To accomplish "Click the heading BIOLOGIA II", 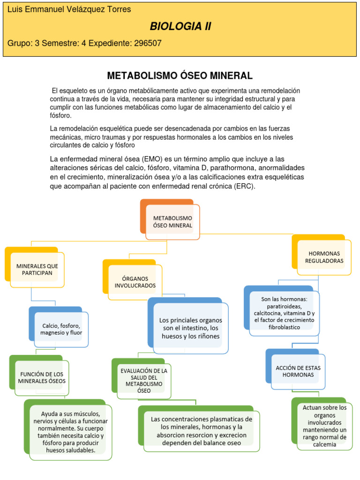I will (x=180, y=27).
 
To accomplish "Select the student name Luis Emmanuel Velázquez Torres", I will (x=69, y=9).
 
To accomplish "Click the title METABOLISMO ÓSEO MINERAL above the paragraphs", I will (x=180, y=75).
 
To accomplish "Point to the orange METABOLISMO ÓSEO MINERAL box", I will (x=172, y=222).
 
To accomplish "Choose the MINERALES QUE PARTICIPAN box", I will (x=37, y=269).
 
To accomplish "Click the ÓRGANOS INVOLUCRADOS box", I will (x=135, y=282).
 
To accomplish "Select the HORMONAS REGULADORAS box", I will (x=324, y=257).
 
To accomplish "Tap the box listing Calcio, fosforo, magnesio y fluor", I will (x=61, y=329).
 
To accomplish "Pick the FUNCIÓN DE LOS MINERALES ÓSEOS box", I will (x=42, y=377).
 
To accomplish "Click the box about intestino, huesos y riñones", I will (x=190, y=328).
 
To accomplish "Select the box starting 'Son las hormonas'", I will (x=284, y=313).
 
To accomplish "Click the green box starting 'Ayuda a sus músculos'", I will (x=68, y=432).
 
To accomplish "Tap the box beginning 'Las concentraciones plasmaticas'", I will (x=202, y=431).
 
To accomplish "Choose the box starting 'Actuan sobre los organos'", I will (x=324, y=426).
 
